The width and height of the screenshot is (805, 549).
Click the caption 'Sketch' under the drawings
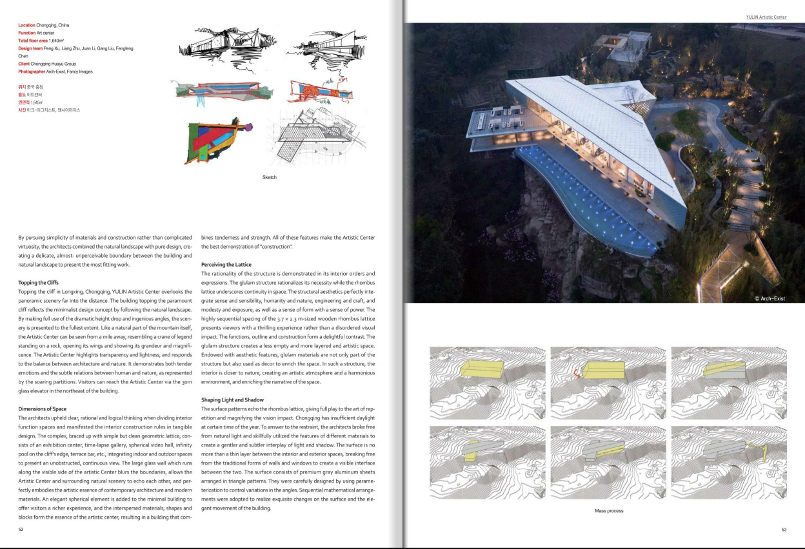(x=269, y=177)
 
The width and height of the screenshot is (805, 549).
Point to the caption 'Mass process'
(x=608, y=511)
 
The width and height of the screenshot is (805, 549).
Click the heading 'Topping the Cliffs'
(x=42, y=283)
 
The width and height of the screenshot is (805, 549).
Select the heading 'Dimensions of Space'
(x=43, y=409)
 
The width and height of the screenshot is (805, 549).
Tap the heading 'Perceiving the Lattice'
(x=226, y=265)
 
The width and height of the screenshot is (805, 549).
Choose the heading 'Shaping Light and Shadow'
(x=232, y=400)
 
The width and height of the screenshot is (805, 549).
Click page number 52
(x=21, y=530)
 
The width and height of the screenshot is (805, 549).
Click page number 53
(x=784, y=530)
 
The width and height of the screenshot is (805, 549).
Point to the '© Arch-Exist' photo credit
(x=770, y=298)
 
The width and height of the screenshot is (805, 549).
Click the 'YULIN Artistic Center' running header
(x=766, y=17)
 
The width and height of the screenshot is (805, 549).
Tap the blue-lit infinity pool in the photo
(x=581, y=193)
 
